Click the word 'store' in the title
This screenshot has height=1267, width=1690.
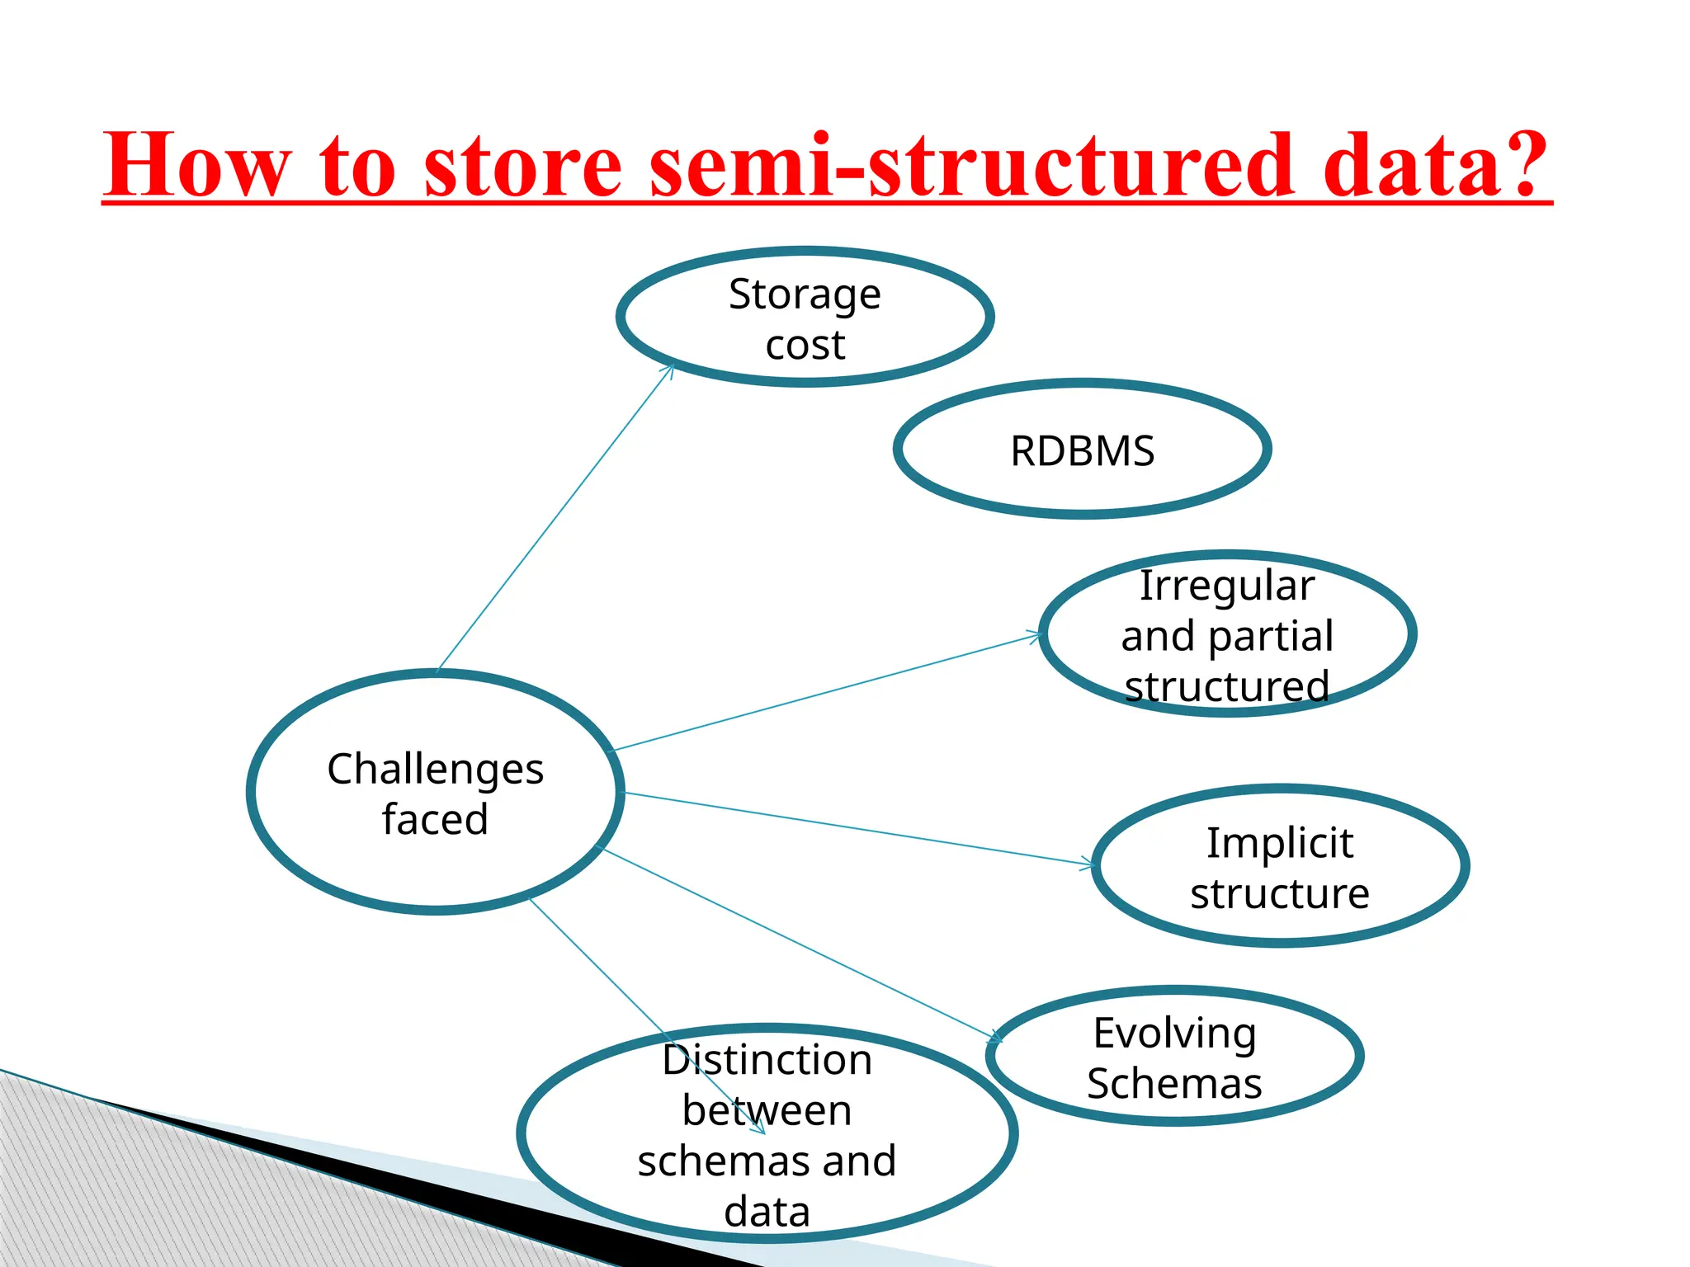tap(522, 167)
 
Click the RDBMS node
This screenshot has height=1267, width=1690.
tap(1082, 450)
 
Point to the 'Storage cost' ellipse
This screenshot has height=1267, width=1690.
tap(805, 318)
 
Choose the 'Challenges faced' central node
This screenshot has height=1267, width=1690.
tap(435, 793)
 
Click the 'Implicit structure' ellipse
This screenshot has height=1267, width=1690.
tap(1280, 867)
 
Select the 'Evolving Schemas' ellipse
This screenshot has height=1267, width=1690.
tap(1174, 1057)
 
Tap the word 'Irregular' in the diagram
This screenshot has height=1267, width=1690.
tap(1227, 586)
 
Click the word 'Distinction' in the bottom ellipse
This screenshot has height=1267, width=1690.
tap(767, 1061)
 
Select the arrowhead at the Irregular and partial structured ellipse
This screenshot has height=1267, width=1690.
tap(1036, 635)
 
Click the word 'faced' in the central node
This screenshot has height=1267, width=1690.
tap(435, 820)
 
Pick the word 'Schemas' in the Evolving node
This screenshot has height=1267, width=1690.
tap(1174, 1084)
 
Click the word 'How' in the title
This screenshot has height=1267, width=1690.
tap(198, 167)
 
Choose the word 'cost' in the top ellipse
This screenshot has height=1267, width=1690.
tap(805, 345)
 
